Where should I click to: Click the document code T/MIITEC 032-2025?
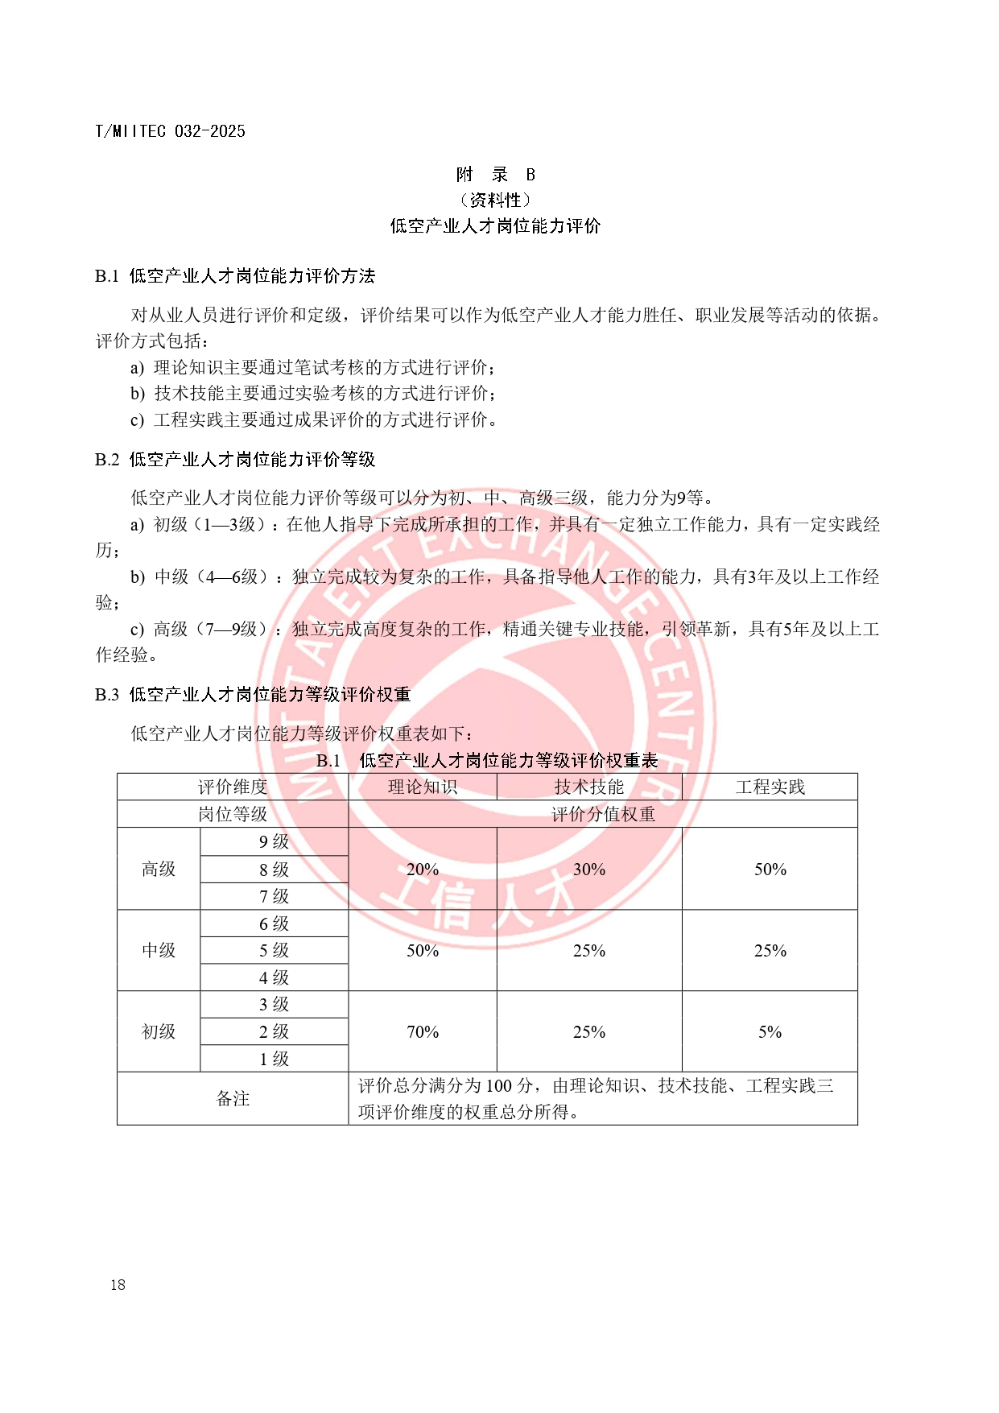(170, 131)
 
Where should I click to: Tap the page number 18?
(118, 1284)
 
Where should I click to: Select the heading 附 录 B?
(495, 175)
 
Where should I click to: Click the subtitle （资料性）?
(495, 200)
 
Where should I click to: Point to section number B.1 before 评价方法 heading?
(107, 276)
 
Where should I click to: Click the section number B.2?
(107, 460)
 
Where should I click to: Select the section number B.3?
(107, 695)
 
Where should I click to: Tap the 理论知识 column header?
(423, 787)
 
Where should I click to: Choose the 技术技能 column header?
(589, 787)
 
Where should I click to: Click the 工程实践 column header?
(770, 787)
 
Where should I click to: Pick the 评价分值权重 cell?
(603, 814)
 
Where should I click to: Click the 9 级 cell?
(274, 842)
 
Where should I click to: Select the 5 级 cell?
(274, 950)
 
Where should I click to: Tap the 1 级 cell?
(274, 1059)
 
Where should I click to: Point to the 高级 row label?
(159, 869)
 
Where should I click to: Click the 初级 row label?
(159, 1031)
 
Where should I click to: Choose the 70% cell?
(423, 1031)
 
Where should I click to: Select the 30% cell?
(589, 869)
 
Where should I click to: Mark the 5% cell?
(770, 1031)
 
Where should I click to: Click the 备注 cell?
(233, 1098)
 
